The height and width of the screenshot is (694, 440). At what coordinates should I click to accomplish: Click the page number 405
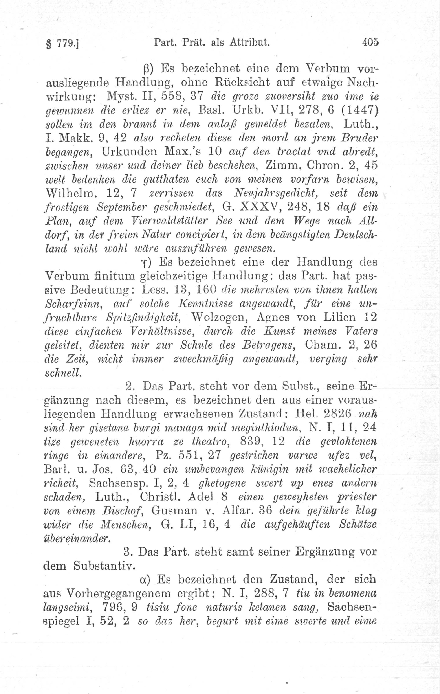click(x=370, y=43)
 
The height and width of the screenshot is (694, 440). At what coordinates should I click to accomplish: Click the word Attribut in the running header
click(x=249, y=43)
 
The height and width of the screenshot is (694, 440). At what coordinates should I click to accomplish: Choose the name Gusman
click(x=174, y=511)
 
